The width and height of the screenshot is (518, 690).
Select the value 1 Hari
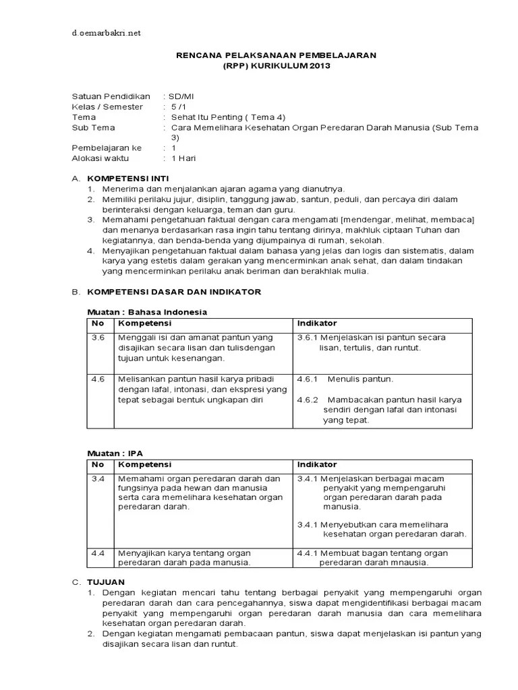183,158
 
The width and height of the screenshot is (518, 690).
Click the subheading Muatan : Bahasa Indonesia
147,312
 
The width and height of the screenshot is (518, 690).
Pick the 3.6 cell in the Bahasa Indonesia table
99,337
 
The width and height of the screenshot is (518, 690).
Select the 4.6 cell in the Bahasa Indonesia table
99,379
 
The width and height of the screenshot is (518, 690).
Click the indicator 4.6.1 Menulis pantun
345,379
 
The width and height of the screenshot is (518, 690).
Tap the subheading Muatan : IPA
115,453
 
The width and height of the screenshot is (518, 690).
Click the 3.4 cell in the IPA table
99,478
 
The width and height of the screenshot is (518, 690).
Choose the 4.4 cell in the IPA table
99,553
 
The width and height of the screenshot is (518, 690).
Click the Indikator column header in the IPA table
317,465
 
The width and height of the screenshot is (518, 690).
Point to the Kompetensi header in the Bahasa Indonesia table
145,323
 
